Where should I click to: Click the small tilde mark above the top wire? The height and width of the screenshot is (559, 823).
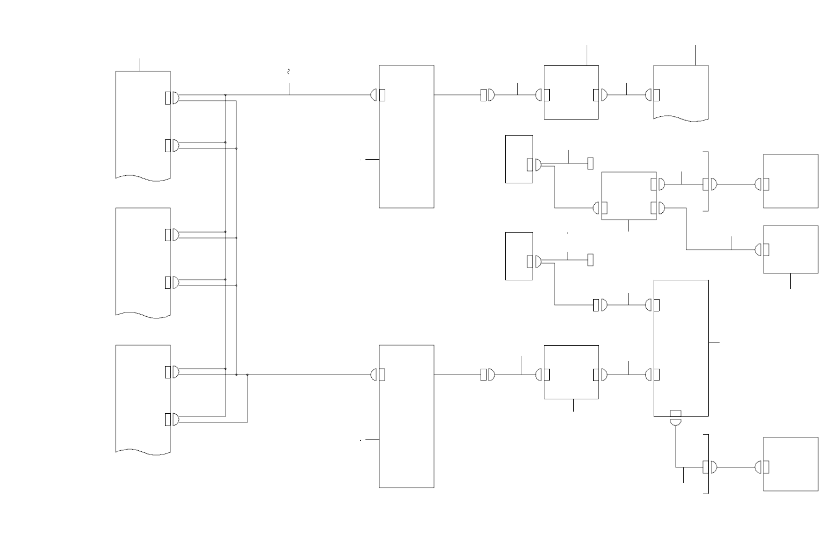[x=289, y=71]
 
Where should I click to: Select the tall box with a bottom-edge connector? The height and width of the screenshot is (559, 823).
[x=681, y=348]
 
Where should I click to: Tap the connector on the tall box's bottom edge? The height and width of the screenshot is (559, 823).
[x=676, y=413]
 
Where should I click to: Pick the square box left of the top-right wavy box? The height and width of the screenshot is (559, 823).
[x=571, y=92]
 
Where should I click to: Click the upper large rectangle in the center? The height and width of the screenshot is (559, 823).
[x=406, y=136]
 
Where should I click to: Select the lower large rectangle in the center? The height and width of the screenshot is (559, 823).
[x=406, y=416]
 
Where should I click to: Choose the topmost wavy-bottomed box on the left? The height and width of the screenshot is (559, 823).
[x=143, y=124]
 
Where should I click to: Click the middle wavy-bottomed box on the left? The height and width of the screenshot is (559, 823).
[x=143, y=261]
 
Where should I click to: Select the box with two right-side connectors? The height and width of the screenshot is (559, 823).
[x=629, y=196]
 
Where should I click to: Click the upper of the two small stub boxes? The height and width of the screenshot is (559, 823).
[x=519, y=159]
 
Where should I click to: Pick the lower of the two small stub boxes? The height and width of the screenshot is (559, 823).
[x=519, y=256]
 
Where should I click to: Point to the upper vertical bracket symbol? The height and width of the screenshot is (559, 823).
[x=708, y=182]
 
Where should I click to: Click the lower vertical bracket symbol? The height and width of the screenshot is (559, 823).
[x=708, y=464]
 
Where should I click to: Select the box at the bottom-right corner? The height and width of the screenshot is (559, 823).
[x=790, y=464]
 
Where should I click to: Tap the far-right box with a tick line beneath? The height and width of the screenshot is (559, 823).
[x=790, y=249]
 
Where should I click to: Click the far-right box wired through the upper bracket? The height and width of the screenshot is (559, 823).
[x=790, y=181]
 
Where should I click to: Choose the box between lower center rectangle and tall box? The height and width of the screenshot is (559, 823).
[x=571, y=372]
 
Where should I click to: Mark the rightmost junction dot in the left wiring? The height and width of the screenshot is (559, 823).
[x=248, y=375]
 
